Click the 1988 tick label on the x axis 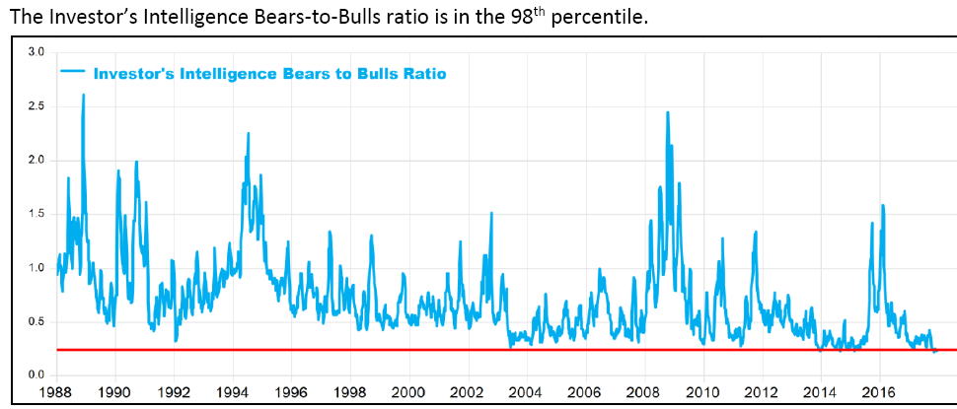57,392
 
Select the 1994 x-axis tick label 233,392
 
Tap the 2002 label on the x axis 468,392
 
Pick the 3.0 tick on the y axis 37,51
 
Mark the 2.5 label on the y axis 37,105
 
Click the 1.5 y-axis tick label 37,214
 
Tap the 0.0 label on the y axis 37,375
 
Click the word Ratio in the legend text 424,73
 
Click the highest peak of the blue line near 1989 83,95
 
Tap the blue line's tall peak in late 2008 668,112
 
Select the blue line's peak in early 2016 882,205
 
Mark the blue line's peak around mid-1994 248,133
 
